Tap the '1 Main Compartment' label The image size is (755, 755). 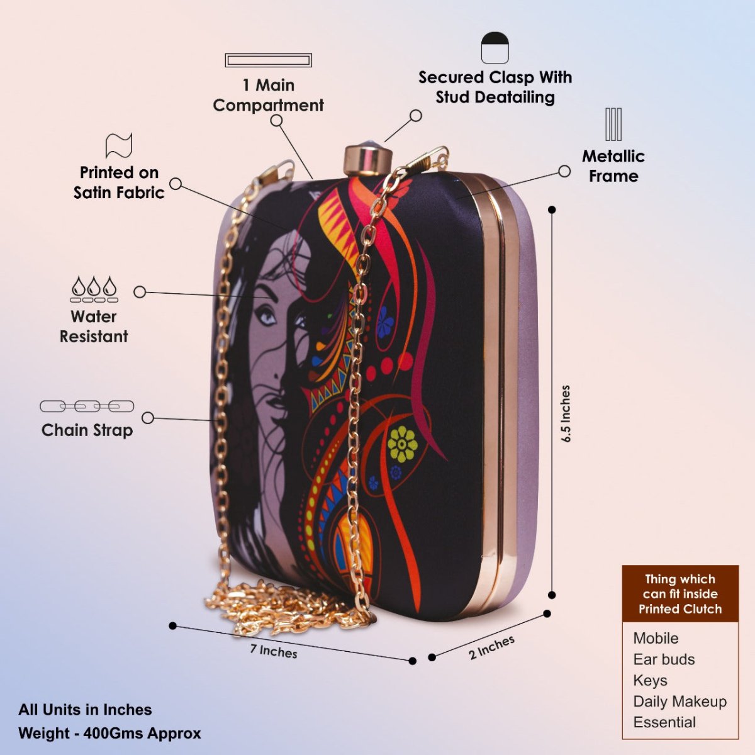point(269,95)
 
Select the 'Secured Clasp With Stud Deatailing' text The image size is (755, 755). point(495,87)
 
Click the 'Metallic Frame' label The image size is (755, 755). point(613,166)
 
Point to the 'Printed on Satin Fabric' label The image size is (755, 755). point(119,182)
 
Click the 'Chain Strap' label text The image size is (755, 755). point(87,430)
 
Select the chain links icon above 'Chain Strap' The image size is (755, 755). point(87,406)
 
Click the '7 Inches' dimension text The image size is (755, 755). point(274,651)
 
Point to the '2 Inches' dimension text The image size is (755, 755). point(491,647)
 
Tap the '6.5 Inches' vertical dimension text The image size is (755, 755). point(566,413)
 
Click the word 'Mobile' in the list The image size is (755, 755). point(656,638)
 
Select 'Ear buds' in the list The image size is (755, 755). point(664,659)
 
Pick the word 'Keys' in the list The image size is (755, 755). point(650,681)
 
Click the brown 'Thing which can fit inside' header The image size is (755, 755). point(680,594)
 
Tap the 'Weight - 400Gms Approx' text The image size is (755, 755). point(109,734)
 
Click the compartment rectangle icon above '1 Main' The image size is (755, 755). point(269,60)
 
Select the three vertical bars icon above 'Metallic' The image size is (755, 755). point(613,124)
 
